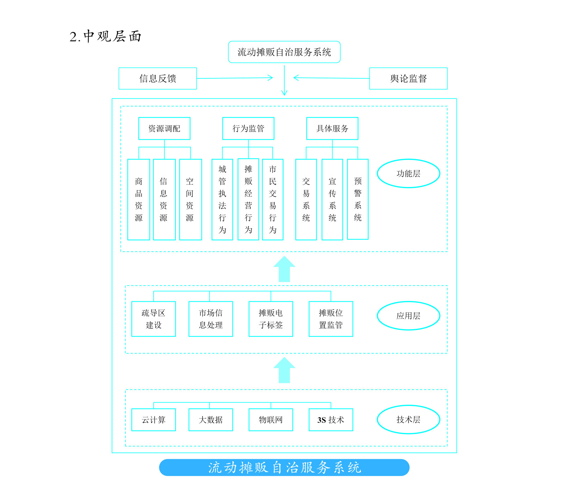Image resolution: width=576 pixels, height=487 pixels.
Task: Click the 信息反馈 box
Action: click(x=157, y=78)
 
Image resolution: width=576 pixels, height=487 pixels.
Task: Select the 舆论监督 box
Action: click(x=408, y=78)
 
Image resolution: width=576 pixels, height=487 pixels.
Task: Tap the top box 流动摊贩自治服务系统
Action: click(x=284, y=52)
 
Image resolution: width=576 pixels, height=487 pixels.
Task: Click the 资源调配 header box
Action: click(x=164, y=128)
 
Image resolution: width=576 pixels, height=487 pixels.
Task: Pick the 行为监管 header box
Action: click(x=248, y=128)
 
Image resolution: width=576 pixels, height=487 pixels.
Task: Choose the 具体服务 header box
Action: click(x=332, y=128)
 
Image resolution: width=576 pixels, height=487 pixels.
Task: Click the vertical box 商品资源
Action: click(x=138, y=199)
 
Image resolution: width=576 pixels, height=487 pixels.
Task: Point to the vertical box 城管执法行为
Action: click(x=222, y=199)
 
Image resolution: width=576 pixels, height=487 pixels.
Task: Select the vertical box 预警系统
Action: click(x=358, y=199)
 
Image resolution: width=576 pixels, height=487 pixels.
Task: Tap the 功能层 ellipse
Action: click(x=408, y=173)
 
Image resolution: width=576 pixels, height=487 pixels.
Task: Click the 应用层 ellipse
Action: click(x=408, y=315)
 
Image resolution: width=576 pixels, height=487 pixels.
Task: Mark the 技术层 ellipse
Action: click(x=408, y=419)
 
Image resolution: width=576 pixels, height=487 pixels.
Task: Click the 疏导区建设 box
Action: click(x=153, y=319)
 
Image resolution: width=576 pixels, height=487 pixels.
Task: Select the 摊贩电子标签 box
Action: click(x=271, y=319)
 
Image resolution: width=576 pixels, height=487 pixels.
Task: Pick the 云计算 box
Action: click(x=153, y=420)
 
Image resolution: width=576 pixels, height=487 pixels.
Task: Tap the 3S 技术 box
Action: click(x=330, y=420)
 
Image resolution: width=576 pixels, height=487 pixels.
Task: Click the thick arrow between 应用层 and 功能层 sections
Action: click(x=284, y=269)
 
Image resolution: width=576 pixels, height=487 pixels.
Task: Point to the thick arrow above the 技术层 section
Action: click(x=284, y=370)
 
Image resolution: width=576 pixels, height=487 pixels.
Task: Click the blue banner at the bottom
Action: click(x=284, y=467)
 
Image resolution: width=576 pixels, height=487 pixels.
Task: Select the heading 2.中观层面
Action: click(x=105, y=36)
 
